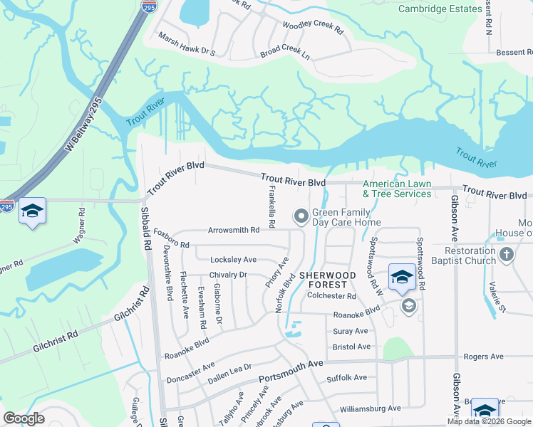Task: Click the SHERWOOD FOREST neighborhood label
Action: coord(327,280)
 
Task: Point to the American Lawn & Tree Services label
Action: coord(397,189)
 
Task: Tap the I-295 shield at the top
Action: coord(149,6)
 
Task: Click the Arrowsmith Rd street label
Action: coord(233,231)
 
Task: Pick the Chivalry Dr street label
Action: coord(228,275)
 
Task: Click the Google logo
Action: coord(24,418)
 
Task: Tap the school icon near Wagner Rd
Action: coord(32,211)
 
